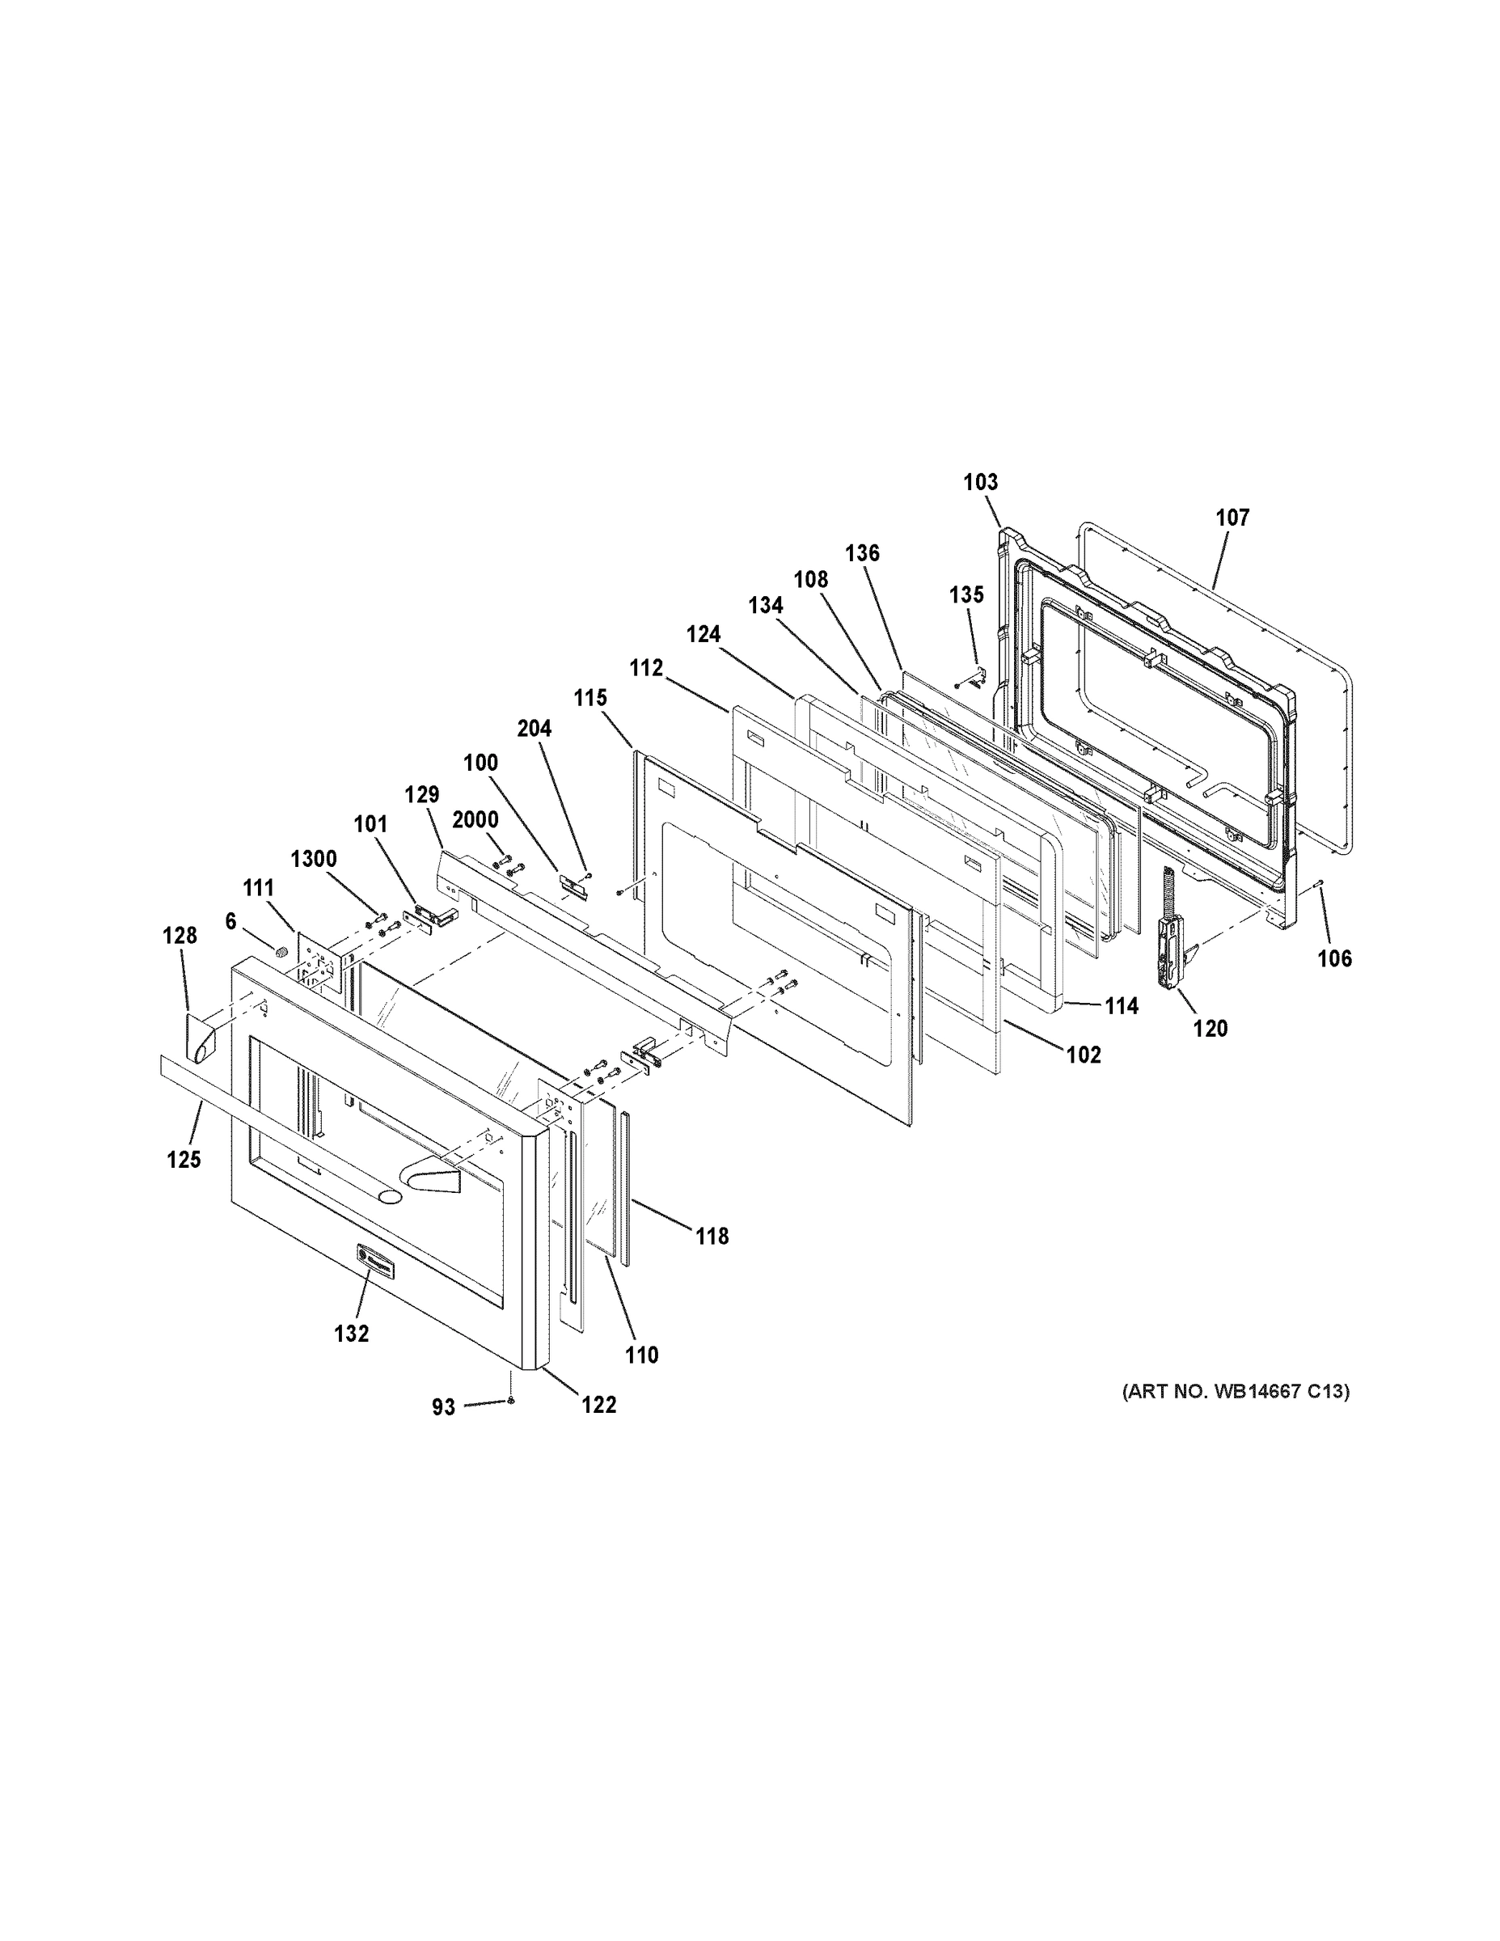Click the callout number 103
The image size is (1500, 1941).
click(981, 483)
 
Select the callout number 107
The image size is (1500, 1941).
click(1232, 518)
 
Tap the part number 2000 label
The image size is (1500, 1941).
click(475, 819)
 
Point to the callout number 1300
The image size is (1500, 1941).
click(314, 860)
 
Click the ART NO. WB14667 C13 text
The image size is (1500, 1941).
click(1236, 1392)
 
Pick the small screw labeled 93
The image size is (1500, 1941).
click(512, 1402)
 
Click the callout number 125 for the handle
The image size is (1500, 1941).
click(184, 1160)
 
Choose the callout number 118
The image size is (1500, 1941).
click(712, 1237)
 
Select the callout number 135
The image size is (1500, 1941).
click(967, 594)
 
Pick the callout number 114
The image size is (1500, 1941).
click(1122, 1006)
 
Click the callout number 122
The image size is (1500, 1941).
click(599, 1405)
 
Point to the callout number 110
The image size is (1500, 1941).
click(641, 1355)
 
